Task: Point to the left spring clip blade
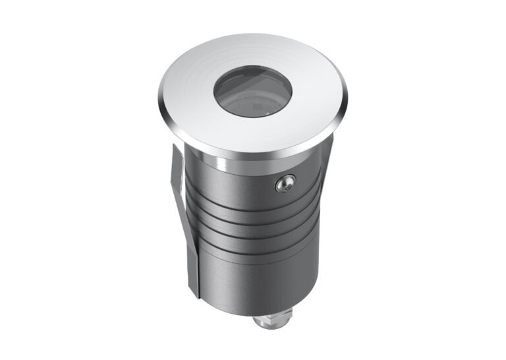185,218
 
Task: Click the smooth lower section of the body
250,277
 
